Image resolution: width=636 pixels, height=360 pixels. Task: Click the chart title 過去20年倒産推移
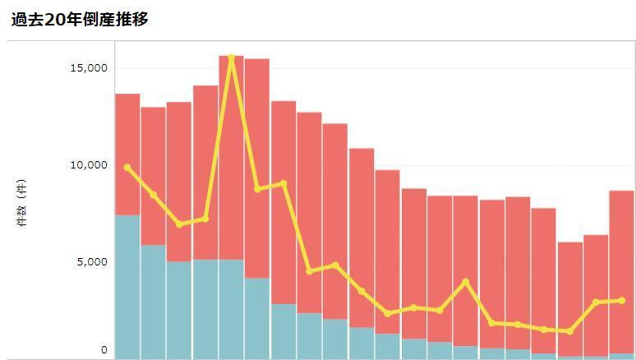(80, 19)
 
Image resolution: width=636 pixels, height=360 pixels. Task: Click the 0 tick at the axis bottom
(104, 350)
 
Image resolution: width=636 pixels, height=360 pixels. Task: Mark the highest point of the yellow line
(232, 58)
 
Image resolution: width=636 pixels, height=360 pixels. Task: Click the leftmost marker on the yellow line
(127, 168)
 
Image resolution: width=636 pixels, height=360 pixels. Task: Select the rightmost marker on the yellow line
(621, 301)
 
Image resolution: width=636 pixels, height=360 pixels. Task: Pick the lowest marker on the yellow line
(569, 331)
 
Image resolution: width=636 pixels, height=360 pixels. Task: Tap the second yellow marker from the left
(154, 195)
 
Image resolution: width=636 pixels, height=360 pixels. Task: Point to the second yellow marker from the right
(596, 302)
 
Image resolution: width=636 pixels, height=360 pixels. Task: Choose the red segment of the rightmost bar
(621, 247)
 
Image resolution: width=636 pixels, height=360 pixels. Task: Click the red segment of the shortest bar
(569, 288)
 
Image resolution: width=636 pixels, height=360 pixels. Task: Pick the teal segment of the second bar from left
(154, 301)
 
